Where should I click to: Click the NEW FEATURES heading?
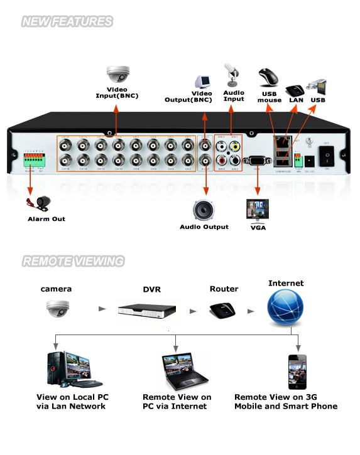point(67,22)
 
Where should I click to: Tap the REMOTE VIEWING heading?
point(73,261)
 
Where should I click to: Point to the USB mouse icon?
point(268,78)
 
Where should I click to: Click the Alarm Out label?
point(46,219)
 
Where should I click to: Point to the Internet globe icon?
point(285,308)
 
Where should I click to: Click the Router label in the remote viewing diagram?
point(224,289)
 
